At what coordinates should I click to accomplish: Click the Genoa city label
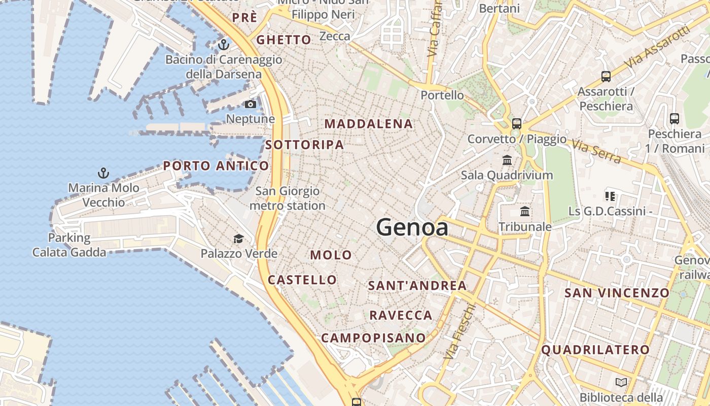point(412,227)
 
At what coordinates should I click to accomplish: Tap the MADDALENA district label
point(369,124)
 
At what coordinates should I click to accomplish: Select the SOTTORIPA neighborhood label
point(304,145)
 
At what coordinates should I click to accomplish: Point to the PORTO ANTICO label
point(216,166)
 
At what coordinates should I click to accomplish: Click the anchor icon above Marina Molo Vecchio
point(103,174)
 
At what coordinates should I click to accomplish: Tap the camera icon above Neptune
point(251,105)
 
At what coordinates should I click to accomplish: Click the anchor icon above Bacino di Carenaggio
point(223,45)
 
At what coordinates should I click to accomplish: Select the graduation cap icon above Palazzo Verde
point(238,239)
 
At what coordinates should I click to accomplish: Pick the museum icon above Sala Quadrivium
point(507,161)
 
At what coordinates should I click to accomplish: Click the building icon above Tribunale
point(525,212)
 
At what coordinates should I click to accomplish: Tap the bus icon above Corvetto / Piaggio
point(517,124)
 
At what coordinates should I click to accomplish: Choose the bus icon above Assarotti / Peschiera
point(606,77)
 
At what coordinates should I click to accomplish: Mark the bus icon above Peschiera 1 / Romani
point(674,119)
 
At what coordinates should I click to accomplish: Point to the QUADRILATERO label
point(595,350)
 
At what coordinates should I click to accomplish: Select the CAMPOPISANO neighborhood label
point(373,337)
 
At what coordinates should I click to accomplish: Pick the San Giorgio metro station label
point(288,198)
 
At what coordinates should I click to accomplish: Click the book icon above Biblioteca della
point(621,382)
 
